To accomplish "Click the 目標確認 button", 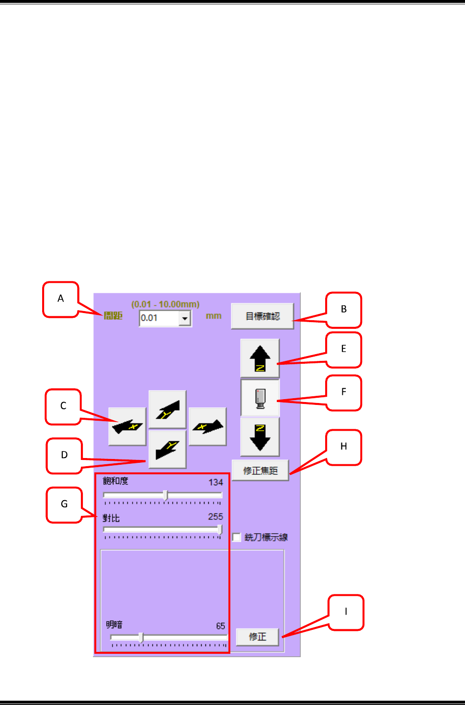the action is [x=262, y=316].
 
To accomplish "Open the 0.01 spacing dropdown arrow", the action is [x=185, y=318].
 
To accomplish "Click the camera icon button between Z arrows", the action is [x=260, y=398].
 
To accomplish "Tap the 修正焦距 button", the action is [x=260, y=470].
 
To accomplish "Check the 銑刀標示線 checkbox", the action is [x=237, y=537].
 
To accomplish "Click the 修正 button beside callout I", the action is [x=257, y=637].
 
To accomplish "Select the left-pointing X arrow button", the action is [x=127, y=426].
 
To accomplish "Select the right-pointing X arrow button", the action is [x=207, y=426].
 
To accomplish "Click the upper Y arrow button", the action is [x=167, y=409].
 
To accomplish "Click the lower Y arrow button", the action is [x=167, y=449].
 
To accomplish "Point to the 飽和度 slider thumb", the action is [x=165, y=495].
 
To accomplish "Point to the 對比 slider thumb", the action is [x=220, y=529].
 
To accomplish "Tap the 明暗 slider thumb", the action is [x=141, y=638].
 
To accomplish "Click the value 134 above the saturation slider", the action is [x=215, y=482].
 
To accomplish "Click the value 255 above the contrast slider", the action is [x=215, y=517].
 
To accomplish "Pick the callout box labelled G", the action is [x=64, y=504].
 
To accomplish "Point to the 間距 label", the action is [x=113, y=316].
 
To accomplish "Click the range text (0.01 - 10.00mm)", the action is [x=165, y=304].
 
